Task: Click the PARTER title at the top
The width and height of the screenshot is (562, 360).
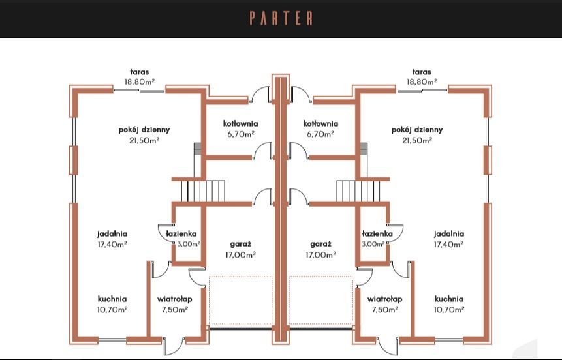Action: pyautogui.click(x=281, y=18)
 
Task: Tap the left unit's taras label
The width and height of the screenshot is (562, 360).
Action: pyautogui.click(x=140, y=72)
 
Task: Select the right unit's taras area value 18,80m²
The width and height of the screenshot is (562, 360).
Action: pyautogui.click(x=422, y=82)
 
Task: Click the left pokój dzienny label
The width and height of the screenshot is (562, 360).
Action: pyautogui.click(x=140, y=129)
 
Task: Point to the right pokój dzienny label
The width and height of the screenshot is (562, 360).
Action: pyautogui.click(x=417, y=129)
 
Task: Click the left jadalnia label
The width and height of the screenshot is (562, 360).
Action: pyautogui.click(x=112, y=233)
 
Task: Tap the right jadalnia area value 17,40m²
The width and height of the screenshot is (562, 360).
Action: pyautogui.click(x=448, y=244)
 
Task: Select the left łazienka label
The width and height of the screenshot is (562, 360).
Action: pyautogui.click(x=181, y=233)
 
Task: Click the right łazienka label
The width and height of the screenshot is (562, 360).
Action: pyautogui.click(x=377, y=233)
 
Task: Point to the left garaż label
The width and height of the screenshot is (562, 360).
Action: pyautogui.click(x=240, y=243)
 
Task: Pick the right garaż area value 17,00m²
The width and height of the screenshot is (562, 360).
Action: pyautogui.click(x=320, y=254)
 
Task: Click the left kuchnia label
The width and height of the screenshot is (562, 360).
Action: pyautogui.click(x=112, y=299)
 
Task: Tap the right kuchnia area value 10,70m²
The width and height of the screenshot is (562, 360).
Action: pyautogui.click(x=448, y=309)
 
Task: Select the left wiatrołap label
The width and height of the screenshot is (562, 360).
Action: pyautogui.click(x=174, y=299)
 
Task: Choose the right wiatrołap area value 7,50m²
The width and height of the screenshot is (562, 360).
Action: pyautogui.click(x=384, y=309)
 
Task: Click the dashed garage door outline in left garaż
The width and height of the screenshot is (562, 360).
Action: pyautogui.click(x=240, y=300)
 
